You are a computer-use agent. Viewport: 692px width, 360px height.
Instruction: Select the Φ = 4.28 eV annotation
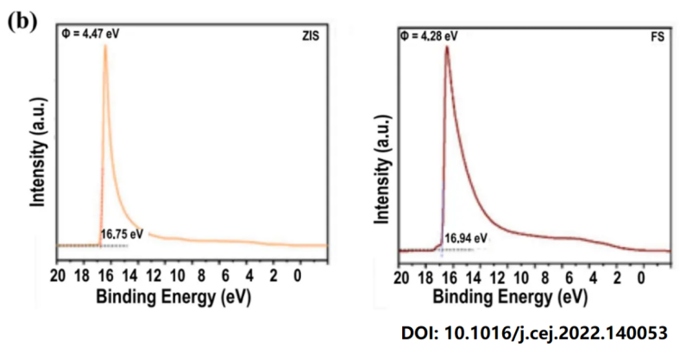click(429, 35)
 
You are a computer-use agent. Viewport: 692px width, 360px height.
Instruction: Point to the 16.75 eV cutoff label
click(122, 233)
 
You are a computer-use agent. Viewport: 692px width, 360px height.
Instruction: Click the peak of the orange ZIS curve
click(105, 47)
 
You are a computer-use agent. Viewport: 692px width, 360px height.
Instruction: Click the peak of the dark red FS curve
click(447, 47)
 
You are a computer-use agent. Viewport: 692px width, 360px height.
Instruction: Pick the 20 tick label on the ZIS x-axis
click(58, 277)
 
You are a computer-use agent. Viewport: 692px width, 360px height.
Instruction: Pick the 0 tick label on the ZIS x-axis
click(298, 277)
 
